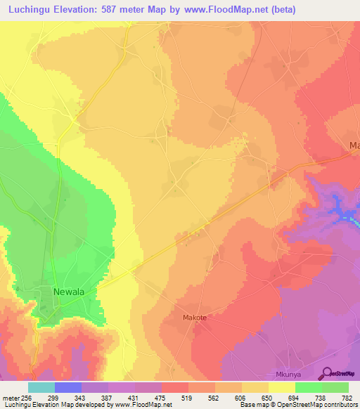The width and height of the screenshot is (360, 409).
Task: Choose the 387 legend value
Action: coord(96,397)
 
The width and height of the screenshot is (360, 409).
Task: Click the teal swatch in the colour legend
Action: coord(41,387)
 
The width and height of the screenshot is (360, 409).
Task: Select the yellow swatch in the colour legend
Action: coord(282,387)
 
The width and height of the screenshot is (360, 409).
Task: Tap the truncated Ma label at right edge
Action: coord(354,145)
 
